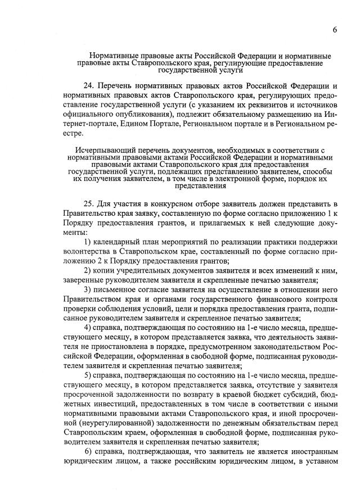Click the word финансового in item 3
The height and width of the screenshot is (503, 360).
pos(255,301)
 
